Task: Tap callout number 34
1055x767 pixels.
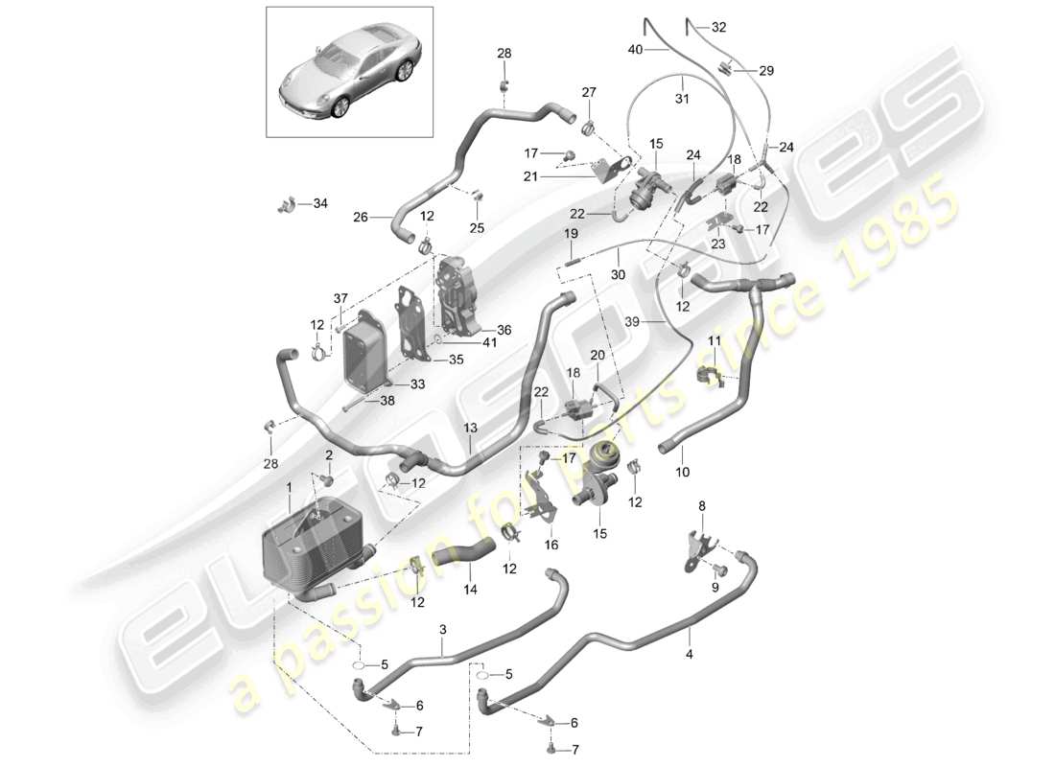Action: (x=319, y=203)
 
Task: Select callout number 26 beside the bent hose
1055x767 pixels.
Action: (x=360, y=217)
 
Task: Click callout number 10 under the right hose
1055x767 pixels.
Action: (x=682, y=473)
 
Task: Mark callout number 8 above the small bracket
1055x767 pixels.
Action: (x=701, y=505)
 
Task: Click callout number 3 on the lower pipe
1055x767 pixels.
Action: (x=443, y=629)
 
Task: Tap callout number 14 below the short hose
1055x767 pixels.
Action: (x=469, y=592)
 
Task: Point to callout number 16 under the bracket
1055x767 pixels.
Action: (x=550, y=545)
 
